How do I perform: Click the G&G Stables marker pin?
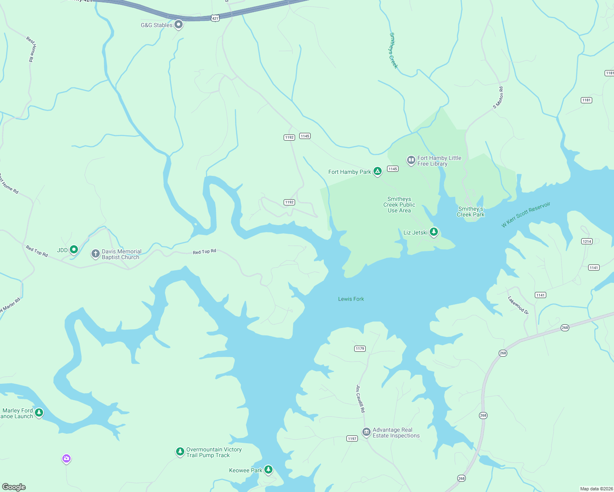pos(179,25)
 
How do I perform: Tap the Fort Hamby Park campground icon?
pos(378,171)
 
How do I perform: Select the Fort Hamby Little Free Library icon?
pos(411,160)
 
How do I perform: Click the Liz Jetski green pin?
pos(433,232)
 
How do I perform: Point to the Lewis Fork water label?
pos(351,299)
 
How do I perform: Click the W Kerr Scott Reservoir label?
pos(526,214)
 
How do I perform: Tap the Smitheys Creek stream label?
pos(393,50)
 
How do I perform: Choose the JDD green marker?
pos(74,249)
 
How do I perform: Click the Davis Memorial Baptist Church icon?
pos(95,254)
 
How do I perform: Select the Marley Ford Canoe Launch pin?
pos(39,412)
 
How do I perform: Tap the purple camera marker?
pos(66,458)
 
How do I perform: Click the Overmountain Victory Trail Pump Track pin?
pos(180,451)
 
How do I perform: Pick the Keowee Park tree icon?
pos(268,469)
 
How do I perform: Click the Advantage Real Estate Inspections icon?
pos(366,432)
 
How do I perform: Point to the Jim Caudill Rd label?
pos(360,399)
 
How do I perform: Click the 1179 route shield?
pos(360,348)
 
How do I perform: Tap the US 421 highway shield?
pos(215,18)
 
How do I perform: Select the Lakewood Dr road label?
pos(518,305)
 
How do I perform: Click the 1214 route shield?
pos(587,241)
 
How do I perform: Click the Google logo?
pos(14,487)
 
